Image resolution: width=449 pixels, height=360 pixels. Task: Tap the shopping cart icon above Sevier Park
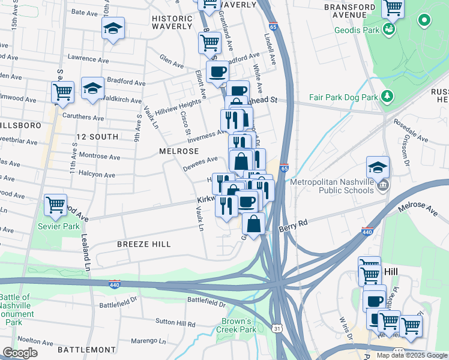[x=56, y=205]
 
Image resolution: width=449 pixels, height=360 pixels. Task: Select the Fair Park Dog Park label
[x=344, y=97]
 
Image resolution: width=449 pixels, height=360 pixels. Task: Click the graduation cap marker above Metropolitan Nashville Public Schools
[x=378, y=167]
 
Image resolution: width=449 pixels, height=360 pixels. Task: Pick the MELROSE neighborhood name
[x=175, y=151]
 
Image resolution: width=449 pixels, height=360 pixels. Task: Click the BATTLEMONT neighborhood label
[x=86, y=349]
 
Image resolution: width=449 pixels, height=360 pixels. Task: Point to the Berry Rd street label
[x=293, y=226]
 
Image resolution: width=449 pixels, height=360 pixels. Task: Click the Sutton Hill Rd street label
[x=175, y=324]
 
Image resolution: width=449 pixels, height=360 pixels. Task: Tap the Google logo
[x=20, y=353]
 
